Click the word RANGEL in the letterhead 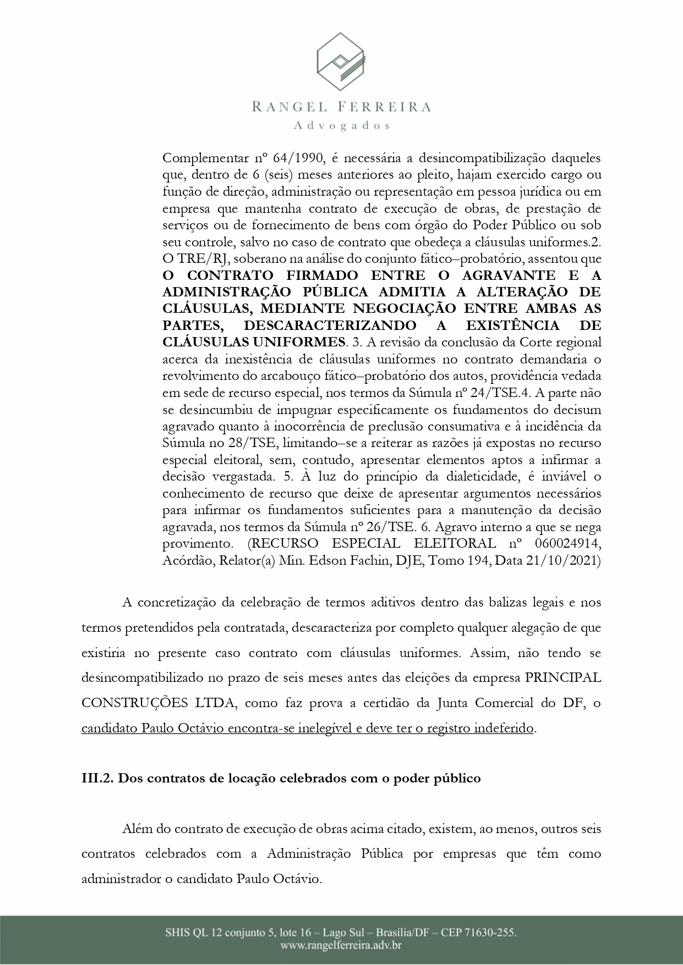(283, 107)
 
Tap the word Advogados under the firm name (342, 125)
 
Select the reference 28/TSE (222, 443)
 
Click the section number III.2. (97, 779)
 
